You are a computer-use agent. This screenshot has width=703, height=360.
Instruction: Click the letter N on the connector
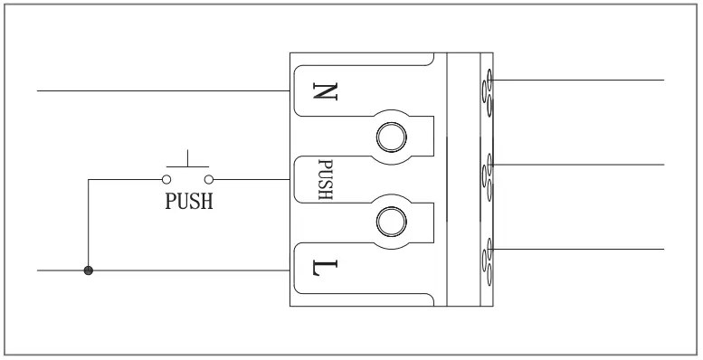click(x=321, y=90)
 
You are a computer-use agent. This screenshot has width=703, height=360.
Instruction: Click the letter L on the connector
click(x=321, y=269)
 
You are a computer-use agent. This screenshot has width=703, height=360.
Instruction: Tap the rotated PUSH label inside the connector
click(x=325, y=180)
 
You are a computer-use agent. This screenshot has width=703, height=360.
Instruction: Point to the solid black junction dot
click(x=88, y=270)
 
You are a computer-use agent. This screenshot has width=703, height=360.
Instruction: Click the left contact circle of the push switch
click(x=167, y=179)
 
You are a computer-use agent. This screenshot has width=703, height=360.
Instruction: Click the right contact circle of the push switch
click(x=209, y=179)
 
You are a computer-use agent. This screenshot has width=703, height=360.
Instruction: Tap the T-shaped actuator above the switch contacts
click(x=188, y=161)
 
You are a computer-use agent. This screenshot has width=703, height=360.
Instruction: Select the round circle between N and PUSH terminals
click(x=391, y=136)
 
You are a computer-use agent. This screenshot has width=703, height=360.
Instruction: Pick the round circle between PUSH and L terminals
click(x=391, y=220)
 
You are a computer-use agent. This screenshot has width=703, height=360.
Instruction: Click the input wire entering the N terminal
click(x=163, y=90)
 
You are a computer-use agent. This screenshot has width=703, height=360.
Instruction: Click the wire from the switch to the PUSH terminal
click(x=253, y=179)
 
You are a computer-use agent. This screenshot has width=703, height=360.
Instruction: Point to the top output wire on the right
click(x=579, y=80)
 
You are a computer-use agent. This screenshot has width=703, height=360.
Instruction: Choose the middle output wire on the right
click(x=579, y=165)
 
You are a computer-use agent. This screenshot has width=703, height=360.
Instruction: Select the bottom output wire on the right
click(x=579, y=248)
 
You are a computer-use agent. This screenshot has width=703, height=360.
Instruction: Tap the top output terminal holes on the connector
click(x=488, y=90)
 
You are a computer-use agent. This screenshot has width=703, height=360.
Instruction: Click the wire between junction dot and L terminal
click(x=190, y=270)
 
